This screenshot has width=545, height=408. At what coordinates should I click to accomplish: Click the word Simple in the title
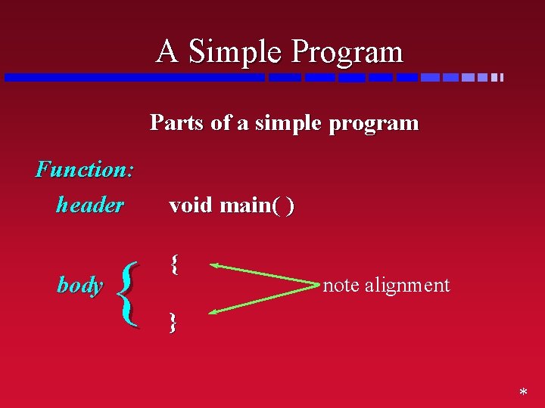[235, 52]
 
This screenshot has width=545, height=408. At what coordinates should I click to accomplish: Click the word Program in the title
[347, 52]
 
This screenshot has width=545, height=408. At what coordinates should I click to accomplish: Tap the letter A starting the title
[168, 52]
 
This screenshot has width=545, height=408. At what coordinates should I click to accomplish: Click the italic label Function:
[85, 168]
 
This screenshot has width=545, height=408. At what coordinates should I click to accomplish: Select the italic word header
[89, 205]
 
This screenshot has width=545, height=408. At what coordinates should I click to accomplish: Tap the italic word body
[79, 285]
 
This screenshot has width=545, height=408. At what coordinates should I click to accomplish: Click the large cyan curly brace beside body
[130, 294]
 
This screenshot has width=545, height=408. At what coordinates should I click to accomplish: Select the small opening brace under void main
[174, 264]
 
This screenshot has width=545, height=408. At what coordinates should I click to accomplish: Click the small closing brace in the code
[173, 323]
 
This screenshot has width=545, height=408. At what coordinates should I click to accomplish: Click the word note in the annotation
[341, 285]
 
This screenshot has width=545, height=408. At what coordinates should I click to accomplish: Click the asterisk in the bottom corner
[522, 394]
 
